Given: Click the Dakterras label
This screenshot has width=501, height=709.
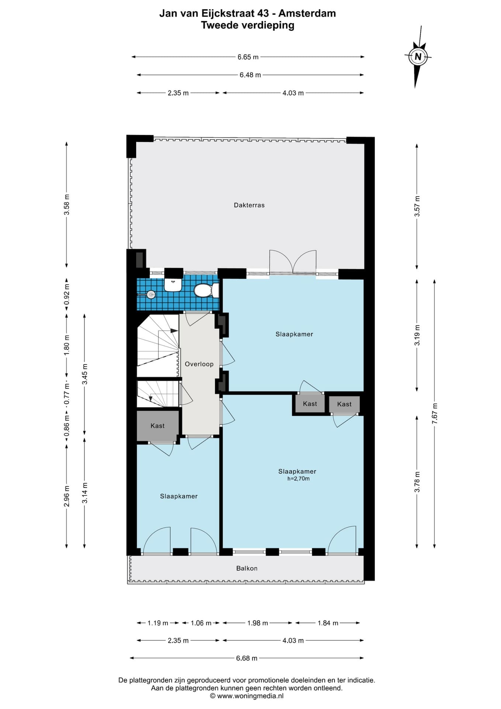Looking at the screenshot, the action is [x=249, y=205].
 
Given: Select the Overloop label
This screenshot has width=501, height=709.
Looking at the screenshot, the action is [x=199, y=364].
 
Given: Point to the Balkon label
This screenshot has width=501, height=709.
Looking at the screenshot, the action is [x=247, y=568].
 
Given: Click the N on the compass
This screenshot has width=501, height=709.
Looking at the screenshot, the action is [x=418, y=57].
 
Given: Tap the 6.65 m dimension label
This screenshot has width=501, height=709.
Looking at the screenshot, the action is [x=248, y=57].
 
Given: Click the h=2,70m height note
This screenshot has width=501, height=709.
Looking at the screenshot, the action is [x=298, y=479].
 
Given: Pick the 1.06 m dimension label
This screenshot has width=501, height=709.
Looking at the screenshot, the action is [x=201, y=623].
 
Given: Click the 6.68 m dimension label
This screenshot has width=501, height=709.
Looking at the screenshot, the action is [x=247, y=658].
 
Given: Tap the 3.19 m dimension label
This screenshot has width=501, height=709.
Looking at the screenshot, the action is [x=417, y=335].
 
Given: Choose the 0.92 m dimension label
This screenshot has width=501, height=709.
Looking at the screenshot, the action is [x=67, y=296].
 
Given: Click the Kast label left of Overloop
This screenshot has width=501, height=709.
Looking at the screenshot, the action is [x=158, y=426].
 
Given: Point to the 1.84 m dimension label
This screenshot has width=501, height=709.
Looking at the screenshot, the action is [x=328, y=623].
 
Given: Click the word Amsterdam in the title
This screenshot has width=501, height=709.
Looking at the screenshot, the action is [x=307, y=14].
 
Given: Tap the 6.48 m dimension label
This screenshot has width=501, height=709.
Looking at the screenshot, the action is [x=250, y=75].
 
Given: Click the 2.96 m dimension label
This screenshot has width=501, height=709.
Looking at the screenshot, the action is [x=67, y=495].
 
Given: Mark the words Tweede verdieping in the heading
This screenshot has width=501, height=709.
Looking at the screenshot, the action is [x=248, y=25].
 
